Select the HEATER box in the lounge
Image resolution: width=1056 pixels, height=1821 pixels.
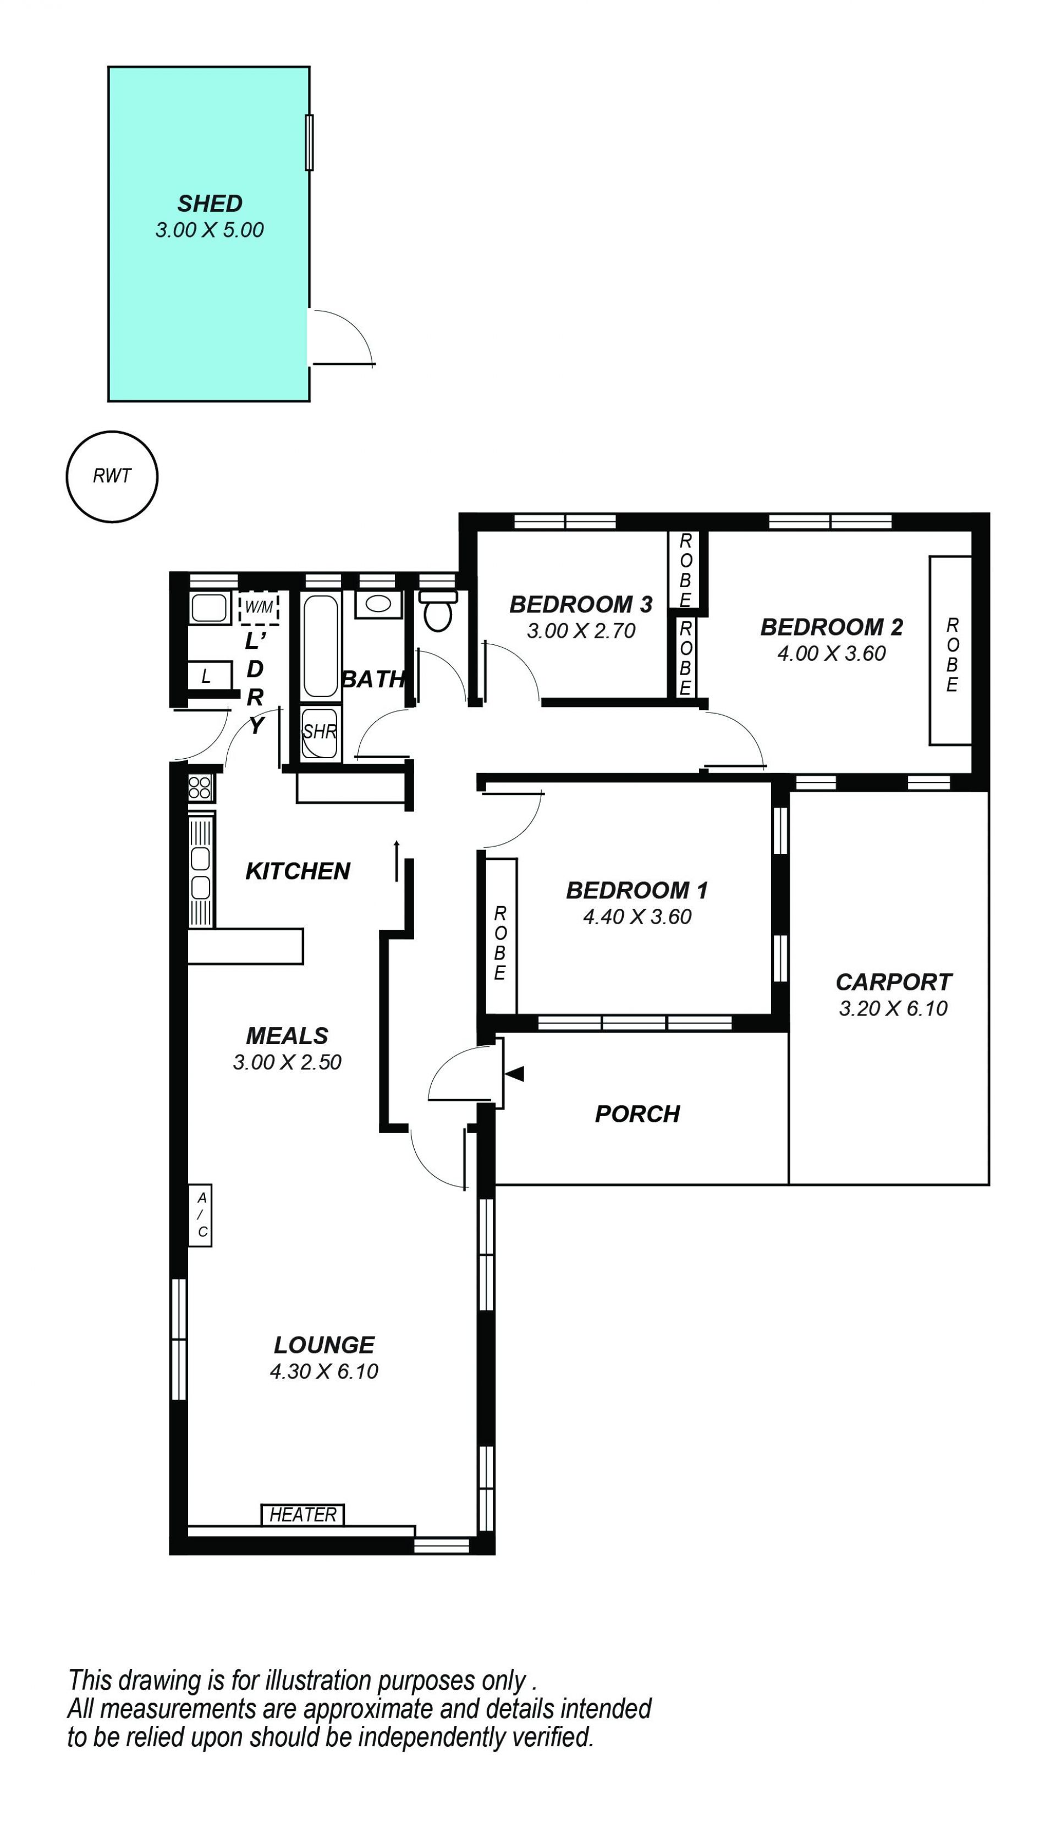[302, 1514]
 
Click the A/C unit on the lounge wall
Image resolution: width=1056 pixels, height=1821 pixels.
[200, 1215]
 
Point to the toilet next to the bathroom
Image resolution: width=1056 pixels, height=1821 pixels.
[438, 611]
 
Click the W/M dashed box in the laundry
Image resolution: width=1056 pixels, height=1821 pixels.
[258, 607]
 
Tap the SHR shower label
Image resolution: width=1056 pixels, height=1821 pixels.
[320, 731]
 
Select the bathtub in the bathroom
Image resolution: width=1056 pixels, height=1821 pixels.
[320, 646]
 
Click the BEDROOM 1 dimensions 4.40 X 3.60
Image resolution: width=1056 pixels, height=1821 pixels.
[637, 917]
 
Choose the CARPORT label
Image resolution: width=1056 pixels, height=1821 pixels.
[893, 981]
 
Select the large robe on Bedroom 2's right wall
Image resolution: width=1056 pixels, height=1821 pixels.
[950, 650]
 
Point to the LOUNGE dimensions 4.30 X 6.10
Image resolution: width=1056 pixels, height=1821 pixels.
[324, 1371]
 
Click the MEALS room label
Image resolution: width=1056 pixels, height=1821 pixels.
[287, 1035]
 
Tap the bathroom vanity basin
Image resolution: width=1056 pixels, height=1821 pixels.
[378, 604]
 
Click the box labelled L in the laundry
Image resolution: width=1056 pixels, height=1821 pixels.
[210, 676]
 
